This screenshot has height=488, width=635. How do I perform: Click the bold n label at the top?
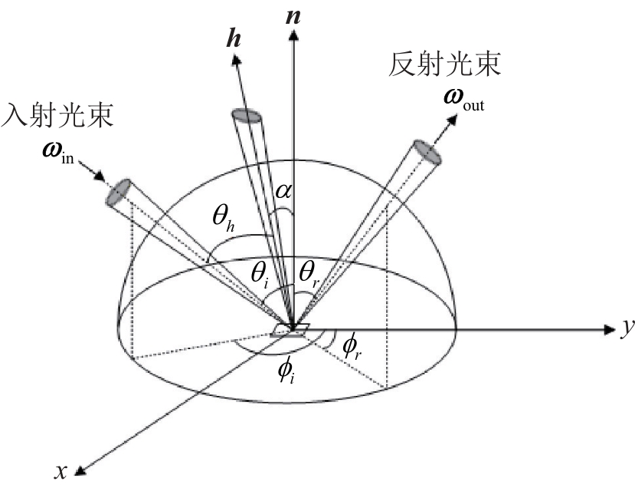click(x=293, y=17)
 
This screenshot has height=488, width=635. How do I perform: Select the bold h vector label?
click(x=234, y=39)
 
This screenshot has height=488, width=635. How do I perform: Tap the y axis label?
click(x=628, y=328)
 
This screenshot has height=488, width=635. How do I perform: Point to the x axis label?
click(x=61, y=471)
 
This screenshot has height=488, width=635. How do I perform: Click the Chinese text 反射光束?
click(x=445, y=64)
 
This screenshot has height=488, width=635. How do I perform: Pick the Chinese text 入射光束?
click(x=57, y=116)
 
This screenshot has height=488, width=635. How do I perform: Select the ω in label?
click(x=58, y=153)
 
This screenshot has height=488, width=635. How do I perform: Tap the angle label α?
click(x=283, y=191)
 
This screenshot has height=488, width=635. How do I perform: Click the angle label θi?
click(x=260, y=275)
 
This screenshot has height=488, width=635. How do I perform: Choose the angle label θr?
click(x=309, y=275)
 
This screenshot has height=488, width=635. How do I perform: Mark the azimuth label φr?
click(x=352, y=348)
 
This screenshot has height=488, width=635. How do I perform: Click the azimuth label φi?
click(x=286, y=371)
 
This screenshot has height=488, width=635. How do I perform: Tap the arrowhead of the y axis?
click(x=610, y=330)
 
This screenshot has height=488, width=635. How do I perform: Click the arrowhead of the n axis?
click(x=293, y=36)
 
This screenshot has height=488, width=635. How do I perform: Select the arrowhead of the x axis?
click(x=80, y=470)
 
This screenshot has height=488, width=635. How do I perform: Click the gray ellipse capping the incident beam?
click(x=118, y=193)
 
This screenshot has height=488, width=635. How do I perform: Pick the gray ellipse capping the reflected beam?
click(x=427, y=152)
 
